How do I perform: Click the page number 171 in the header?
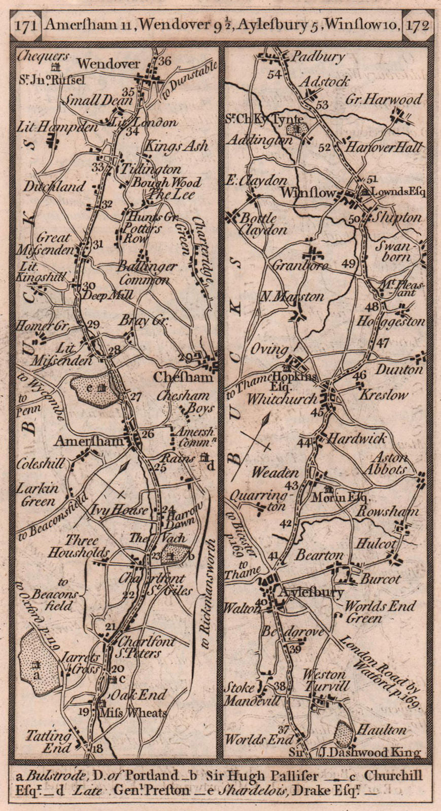pos(25,24)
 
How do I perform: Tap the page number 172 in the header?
pos(417,24)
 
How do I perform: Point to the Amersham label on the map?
pos(89,441)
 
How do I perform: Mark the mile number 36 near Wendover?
pos(164,61)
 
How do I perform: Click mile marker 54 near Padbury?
pos(275,75)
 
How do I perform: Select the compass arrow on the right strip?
pos(265,434)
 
